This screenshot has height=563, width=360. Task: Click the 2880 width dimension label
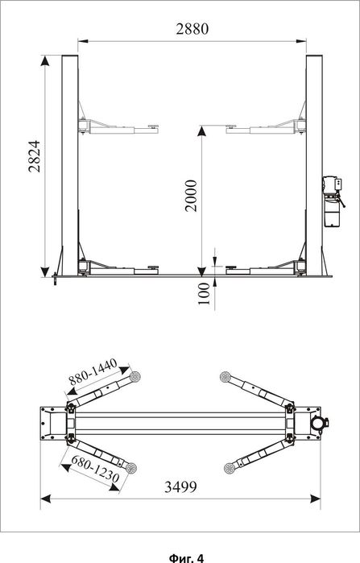click(192, 29)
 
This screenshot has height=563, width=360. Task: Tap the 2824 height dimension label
click(35, 156)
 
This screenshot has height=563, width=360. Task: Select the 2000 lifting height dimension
click(191, 196)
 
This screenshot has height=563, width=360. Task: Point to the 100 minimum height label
click(204, 293)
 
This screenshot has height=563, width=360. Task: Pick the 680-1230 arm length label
click(95, 469)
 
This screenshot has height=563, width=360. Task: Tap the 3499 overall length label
click(180, 486)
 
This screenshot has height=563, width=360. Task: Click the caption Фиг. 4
click(186, 557)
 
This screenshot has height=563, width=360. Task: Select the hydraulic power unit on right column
click(333, 201)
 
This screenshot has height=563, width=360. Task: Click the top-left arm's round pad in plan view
click(135, 377)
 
